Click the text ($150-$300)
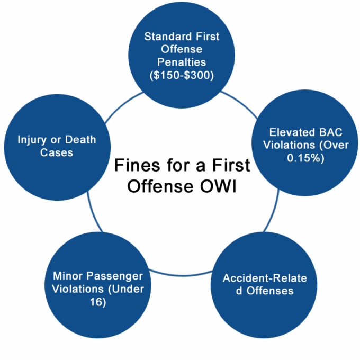pos(182,76)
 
